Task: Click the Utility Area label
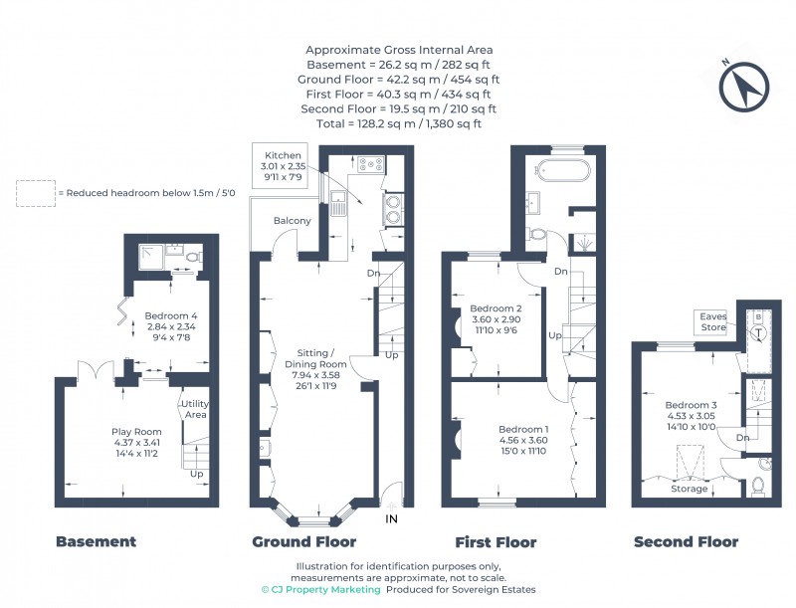[196, 408]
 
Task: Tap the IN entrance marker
[392, 518]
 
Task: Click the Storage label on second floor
[689, 489]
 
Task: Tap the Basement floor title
[96, 542]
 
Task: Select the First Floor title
[496, 542]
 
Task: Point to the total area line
[399, 123]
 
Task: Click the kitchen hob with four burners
[372, 164]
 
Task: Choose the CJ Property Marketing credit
[320, 590]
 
